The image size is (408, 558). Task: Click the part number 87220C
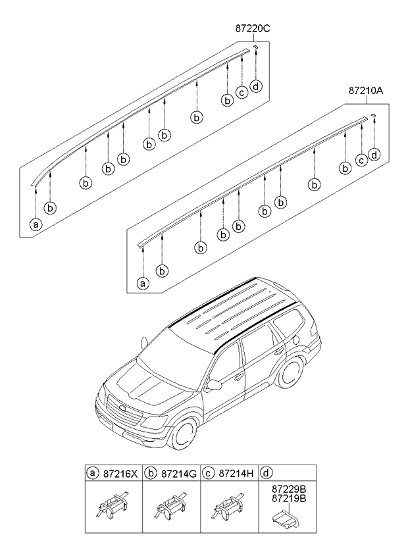253,29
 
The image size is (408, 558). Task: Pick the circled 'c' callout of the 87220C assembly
242,92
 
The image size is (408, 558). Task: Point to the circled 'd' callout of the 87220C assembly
256,86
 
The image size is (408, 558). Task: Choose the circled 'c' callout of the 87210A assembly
361,160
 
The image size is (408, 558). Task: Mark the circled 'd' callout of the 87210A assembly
374,155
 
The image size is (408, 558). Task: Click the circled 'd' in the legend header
265,472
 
